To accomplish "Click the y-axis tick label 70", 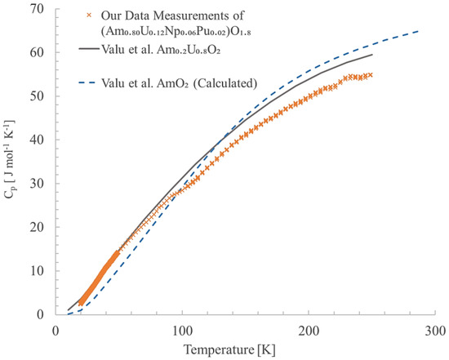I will (x=38, y=9).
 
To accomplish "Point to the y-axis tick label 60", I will (x=38, y=52).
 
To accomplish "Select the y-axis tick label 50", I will (x=38, y=96).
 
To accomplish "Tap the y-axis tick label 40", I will (x=38, y=140).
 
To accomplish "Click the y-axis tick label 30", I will (x=38, y=184).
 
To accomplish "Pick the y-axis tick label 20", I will (x=38, y=227).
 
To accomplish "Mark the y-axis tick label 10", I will (x=38, y=271).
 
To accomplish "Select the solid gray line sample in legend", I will (x=91, y=51).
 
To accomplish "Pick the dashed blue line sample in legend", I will (x=91, y=82).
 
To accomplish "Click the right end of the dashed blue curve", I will (x=420, y=31).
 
